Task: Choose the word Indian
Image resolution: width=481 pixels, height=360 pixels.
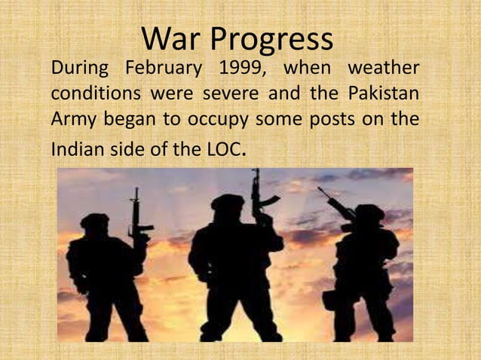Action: [73, 148]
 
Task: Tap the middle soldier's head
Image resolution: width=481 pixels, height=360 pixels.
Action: [228, 207]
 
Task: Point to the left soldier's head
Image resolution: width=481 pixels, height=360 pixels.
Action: [95, 224]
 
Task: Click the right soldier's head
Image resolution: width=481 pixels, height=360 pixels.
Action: [370, 216]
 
